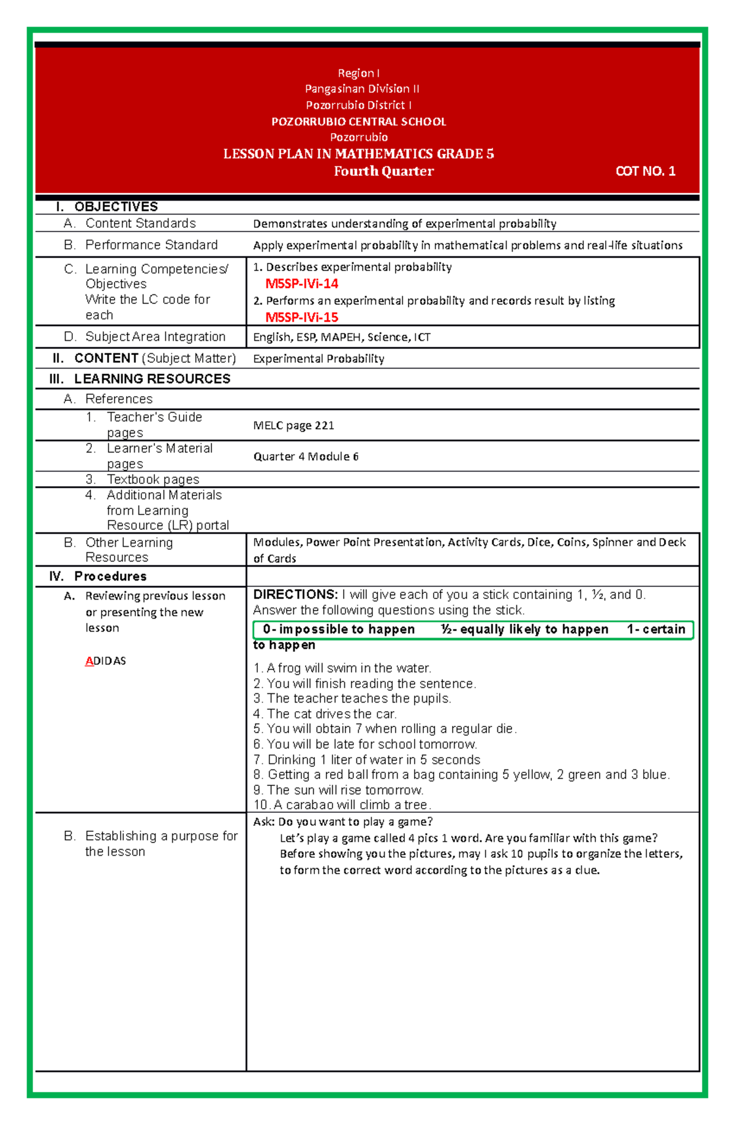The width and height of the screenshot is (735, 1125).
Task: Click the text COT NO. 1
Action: click(x=645, y=172)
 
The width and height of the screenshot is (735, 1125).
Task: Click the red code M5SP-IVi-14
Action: click(x=301, y=284)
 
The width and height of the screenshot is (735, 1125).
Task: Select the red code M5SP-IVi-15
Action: click(x=301, y=318)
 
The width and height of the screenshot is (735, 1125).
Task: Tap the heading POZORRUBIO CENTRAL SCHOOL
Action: click(x=358, y=121)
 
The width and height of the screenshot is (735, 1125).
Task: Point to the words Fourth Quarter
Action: click(x=383, y=172)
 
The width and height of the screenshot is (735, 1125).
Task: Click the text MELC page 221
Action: click(x=293, y=425)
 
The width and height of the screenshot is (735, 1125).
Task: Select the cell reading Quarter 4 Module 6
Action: click(x=306, y=457)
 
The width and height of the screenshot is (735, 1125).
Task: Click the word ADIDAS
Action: click(x=105, y=661)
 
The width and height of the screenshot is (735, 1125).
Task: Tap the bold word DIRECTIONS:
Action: click(x=295, y=595)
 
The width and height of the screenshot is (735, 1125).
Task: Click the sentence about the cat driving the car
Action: click(x=325, y=714)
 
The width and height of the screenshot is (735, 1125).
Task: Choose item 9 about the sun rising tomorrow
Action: click(x=338, y=790)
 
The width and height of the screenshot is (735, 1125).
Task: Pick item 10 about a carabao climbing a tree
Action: click(x=342, y=805)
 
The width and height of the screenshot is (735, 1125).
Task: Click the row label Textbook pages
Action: click(x=153, y=479)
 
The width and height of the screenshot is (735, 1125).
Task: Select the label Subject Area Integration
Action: click(x=155, y=337)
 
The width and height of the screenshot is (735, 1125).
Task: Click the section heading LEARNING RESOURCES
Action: click(x=152, y=379)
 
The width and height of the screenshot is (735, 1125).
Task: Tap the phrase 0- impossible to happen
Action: click(x=339, y=630)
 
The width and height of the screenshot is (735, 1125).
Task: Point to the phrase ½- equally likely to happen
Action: click(x=524, y=630)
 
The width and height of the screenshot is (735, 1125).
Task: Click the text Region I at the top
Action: click(x=358, y=73)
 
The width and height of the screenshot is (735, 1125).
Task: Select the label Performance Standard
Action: click(x=151, y=245)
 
